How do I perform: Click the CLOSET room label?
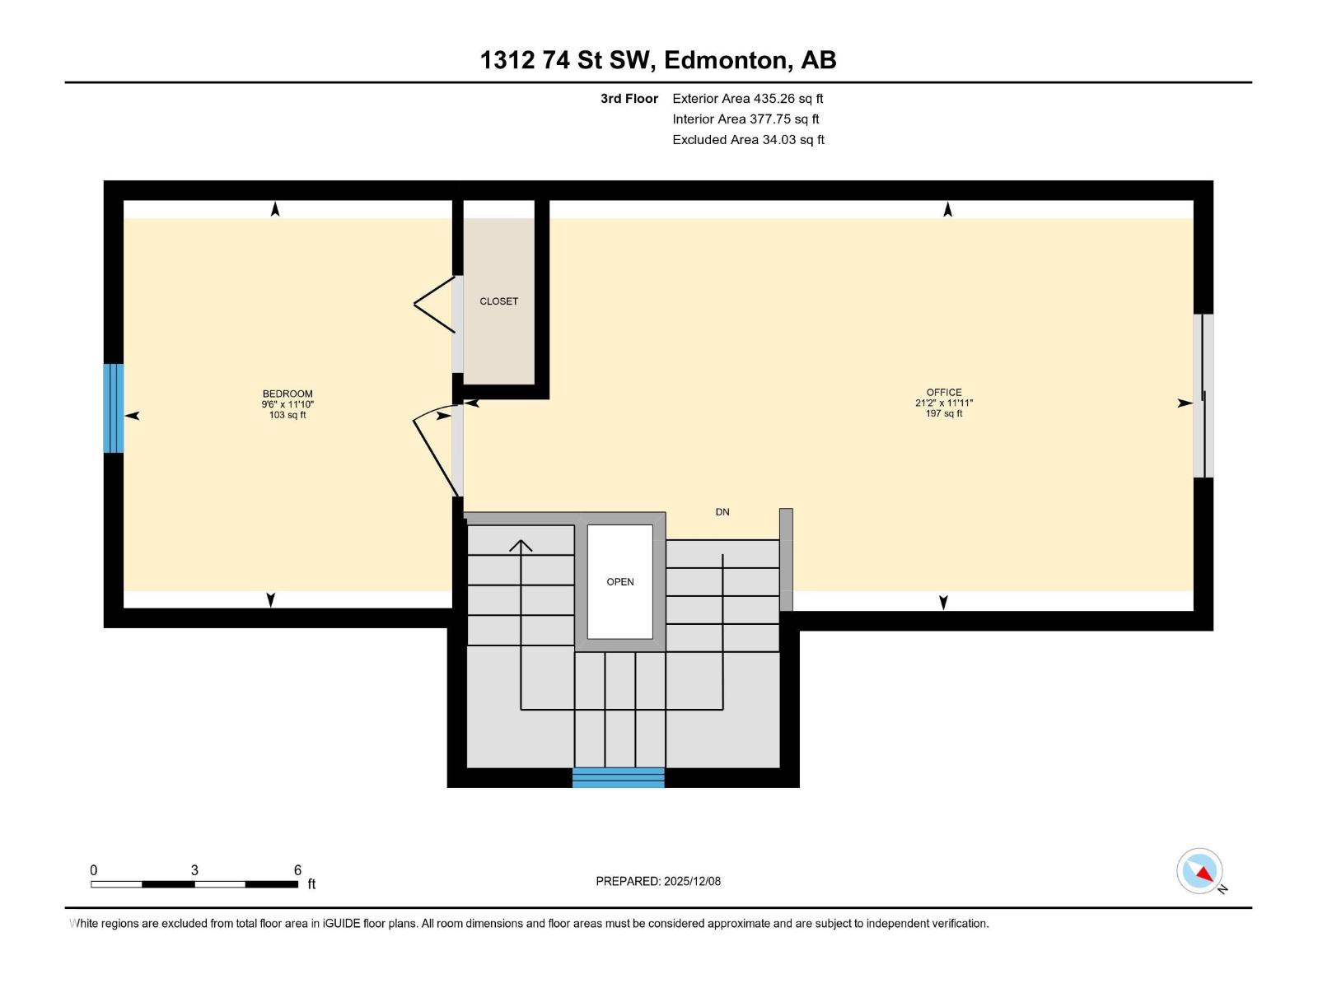[x=498, y=301]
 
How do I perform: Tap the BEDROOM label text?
[x=287, y=394]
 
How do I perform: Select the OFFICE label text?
[x=944, y=393]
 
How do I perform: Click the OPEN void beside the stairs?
[x=620, y=582]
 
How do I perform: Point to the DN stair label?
[x=722, y=512]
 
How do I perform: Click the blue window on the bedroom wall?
[x=114, y=408]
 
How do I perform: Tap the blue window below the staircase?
[x=619, y=777]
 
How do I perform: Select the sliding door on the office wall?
[x=1203, y=396]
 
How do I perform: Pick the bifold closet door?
[x=434, y=305]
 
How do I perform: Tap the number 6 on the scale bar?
[x=297, y=870]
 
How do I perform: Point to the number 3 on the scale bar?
[x=194, y=870]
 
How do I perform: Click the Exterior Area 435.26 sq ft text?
[x=747, y=99]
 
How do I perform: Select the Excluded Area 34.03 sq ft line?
[x=748, y=140]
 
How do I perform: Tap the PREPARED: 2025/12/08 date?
[x=658, y=881]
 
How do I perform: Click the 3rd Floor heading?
[x=629, y=99]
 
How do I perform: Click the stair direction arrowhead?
[x=521, y=545]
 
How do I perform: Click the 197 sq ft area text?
[x=944, y=413]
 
